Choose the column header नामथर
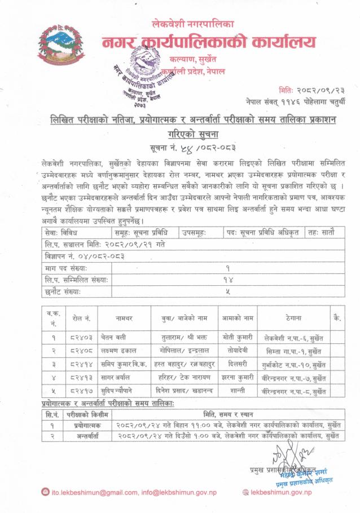coord(124,319)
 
